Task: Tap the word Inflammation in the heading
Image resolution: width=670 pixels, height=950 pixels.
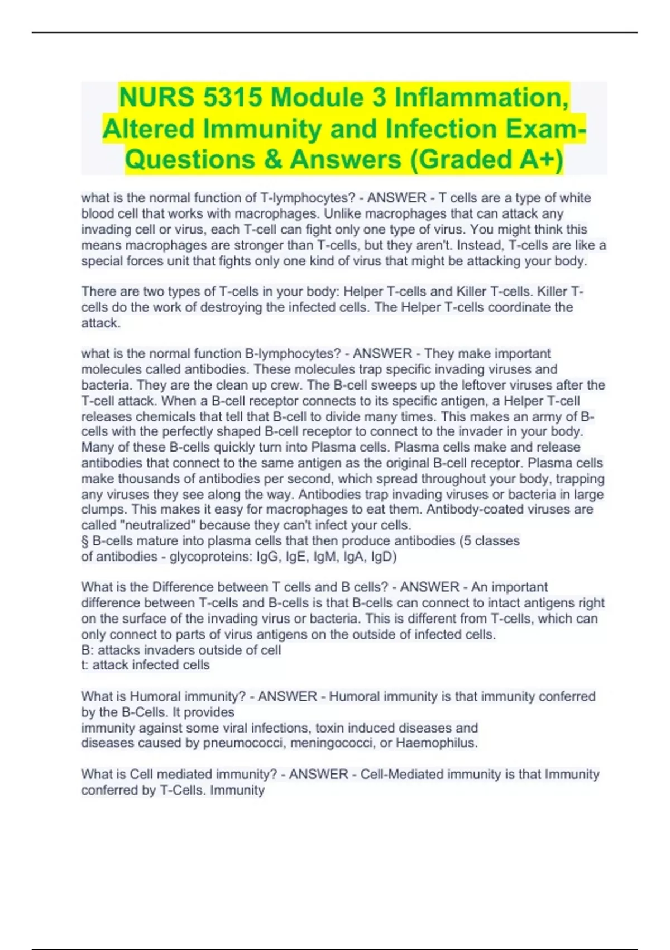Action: point(482,97)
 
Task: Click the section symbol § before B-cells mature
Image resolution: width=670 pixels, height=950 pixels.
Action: point(85,541)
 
